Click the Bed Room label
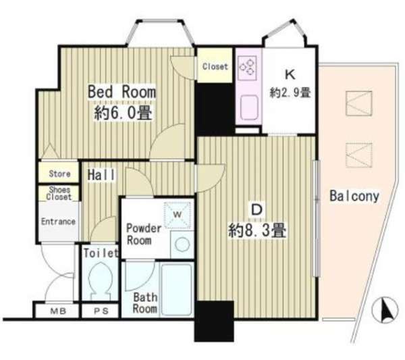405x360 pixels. click(x=122, y=92)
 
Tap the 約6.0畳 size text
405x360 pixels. click(x=123, y=113)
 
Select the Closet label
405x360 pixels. click(x=215, y=67)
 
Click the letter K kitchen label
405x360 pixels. click(x=290, y=74)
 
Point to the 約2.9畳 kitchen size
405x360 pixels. click(x=290, y=93)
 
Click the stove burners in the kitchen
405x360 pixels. click(x=248, y=66)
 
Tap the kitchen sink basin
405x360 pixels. click(x=248, y=107)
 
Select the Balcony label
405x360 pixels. click(x=354, y=197)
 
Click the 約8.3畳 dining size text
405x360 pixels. click(x=257, y=230)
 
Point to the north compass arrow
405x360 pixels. click(x=385, y=310)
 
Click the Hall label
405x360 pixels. click(x=101, y=175)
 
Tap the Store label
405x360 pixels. click(x=59, y=174)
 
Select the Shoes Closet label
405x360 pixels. click(x=59, y=193)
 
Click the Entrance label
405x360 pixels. click(x=58, y=222)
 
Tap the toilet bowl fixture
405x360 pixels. click(x=100, y=281)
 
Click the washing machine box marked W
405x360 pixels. click(x=178, y=215)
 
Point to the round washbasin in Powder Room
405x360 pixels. click(x=182, y=245)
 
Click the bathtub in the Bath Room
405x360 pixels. click(x=177, y=289)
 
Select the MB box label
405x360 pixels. click(x=58, y=311)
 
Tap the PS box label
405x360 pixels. click(x=101, y=311)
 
